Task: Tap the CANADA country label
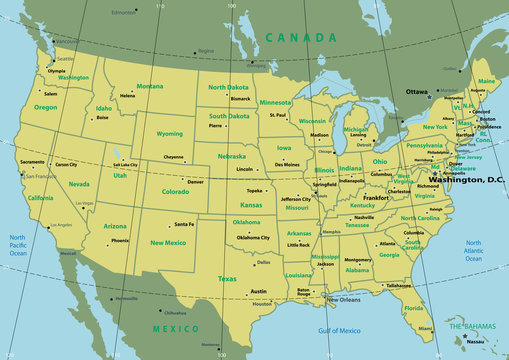(300, 38)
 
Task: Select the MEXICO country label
(175, 327)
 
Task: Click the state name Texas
(227, 279)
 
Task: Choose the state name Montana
(150, 86)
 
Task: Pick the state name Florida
(413, 309)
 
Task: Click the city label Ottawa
(416, 92)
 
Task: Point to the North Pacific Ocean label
(19, 245)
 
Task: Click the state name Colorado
(175, 191)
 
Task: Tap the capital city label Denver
(195, 182)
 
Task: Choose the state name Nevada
(78, 184)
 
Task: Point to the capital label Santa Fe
(184, 225)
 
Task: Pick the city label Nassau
(476, 341)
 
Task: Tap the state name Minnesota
(276, 102)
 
